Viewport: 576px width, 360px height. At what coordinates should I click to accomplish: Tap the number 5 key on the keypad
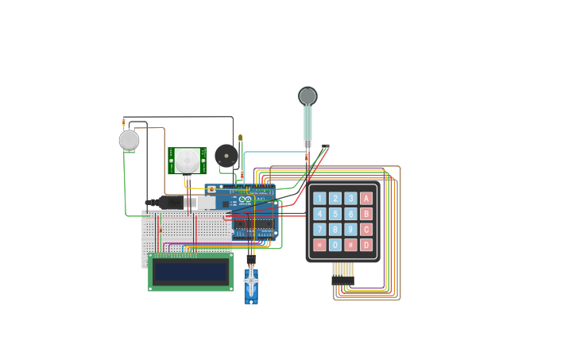click(x=335, y=214)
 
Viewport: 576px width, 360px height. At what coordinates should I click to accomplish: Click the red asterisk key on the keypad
click(x=319, y=245)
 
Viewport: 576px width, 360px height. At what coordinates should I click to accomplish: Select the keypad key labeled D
click(x=366, y=245)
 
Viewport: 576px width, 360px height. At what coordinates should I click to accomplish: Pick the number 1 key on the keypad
click(x=319, y=198)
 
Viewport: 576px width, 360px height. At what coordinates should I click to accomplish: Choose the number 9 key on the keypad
click(x=350, y=230)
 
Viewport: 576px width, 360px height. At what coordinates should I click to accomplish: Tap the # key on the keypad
click(x=350, y=245)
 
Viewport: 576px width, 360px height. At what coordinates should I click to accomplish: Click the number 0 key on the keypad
click(x=335, y=245)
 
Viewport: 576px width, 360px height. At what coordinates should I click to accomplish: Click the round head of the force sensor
click(x=307, y=96)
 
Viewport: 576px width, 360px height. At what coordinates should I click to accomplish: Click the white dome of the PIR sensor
click(x=187, y=159)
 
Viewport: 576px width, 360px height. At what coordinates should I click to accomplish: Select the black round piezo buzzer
click(x=226, y=155)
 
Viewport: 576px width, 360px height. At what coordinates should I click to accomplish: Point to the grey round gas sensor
click(x=129, y=141)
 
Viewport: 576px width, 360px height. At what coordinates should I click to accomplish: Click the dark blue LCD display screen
click(x=191, y=272)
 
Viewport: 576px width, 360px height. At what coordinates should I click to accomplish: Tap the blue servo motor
click(x=251, y=288)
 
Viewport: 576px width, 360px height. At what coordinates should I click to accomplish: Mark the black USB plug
click(x=168, y=203)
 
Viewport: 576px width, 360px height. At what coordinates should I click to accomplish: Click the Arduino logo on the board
click(x=245, y=199)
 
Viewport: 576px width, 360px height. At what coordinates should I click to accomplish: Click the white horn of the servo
click(x=251, y=280)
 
